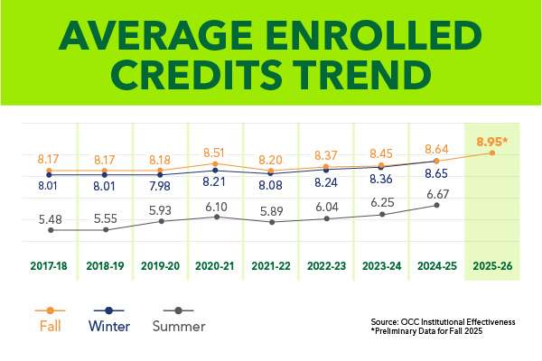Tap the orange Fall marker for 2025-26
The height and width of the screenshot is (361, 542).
pos(492,153)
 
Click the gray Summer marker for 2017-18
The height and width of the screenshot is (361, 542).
pos(51,230)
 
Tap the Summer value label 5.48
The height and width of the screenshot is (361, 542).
pos(51,218)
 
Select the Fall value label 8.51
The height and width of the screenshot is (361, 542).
pos(217,153)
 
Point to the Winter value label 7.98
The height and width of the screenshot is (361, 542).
pos(161,188)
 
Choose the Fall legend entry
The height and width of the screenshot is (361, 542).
pos(51,326)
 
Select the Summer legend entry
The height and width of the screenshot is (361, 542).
pos(179,326)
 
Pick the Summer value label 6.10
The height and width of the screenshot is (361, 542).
pos(217,206)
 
